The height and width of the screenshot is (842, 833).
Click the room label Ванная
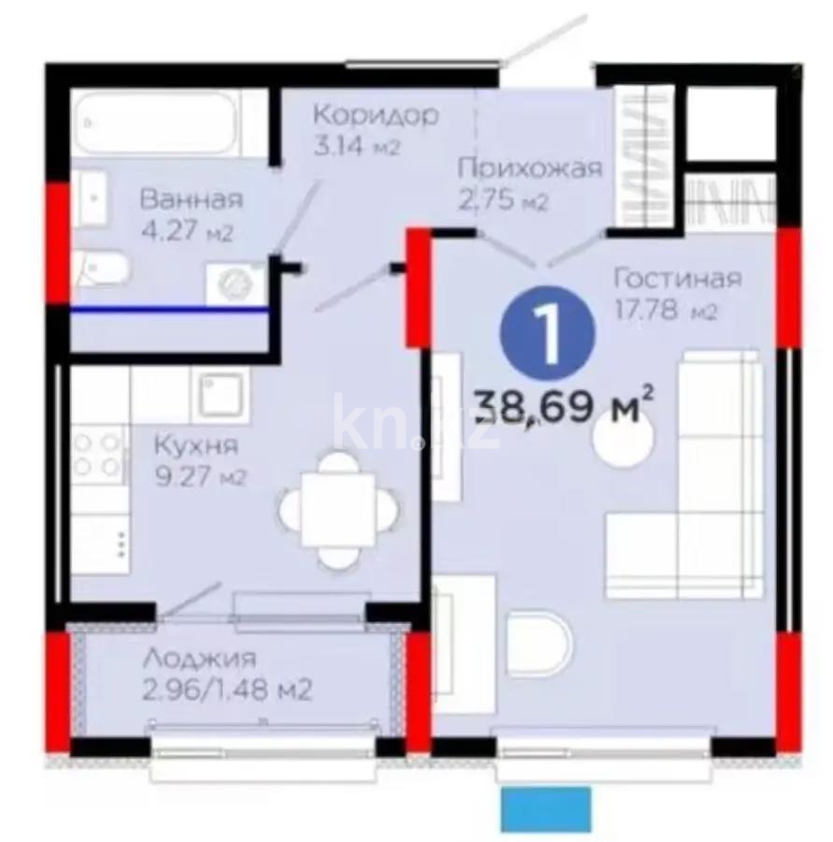pos(191,198)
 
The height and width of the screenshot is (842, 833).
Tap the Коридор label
pos(375,115)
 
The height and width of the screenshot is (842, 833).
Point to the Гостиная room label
pos(678,278)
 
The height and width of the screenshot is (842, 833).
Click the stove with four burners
pos(99,453)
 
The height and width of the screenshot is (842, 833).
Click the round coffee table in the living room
pos(626,440)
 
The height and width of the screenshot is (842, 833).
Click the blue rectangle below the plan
pos(547,808)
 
